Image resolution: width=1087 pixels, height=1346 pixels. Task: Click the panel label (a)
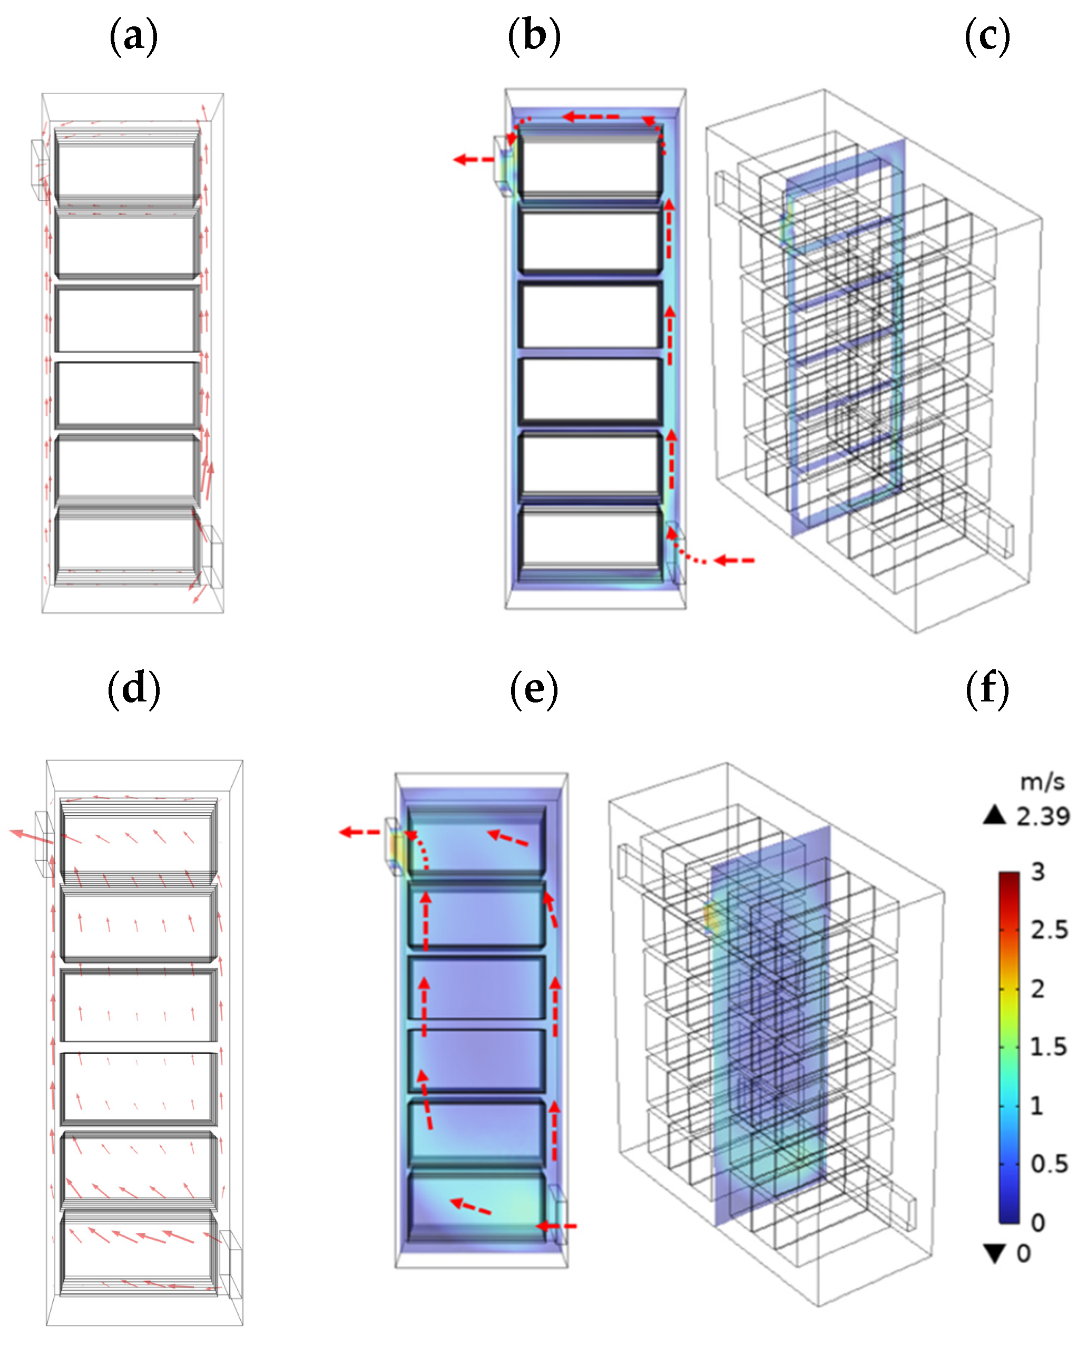(x=133, y=36)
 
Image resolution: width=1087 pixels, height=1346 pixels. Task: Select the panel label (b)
(x=534, y=36)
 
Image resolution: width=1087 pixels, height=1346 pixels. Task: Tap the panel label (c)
(x=987, y=36)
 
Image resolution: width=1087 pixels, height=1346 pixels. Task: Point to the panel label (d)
(x=133, y=689)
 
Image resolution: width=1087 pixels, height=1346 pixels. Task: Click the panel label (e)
(x=534, y=689)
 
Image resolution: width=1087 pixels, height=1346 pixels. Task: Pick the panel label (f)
(x=987, y=689)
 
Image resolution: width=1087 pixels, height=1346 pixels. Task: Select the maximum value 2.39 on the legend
(x=1043, y=816)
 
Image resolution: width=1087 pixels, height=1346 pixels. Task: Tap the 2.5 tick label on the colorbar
(x=1050, y=930)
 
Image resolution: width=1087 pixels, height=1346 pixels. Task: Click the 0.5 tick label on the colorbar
(x=1050, y=1164)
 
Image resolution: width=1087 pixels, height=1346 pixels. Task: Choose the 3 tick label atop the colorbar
(x=1037, y=872)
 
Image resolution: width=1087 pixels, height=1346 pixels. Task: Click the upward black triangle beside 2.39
(x=994, y=815)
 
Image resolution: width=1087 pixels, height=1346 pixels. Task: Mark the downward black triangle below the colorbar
(x=994, y=1253)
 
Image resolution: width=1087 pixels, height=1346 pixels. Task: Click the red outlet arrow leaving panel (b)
(x=473, y=160)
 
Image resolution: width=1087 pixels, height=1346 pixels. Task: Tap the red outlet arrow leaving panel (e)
(x=359, y=832)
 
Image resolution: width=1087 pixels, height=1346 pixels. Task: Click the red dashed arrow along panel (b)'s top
(x=591, y=116)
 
